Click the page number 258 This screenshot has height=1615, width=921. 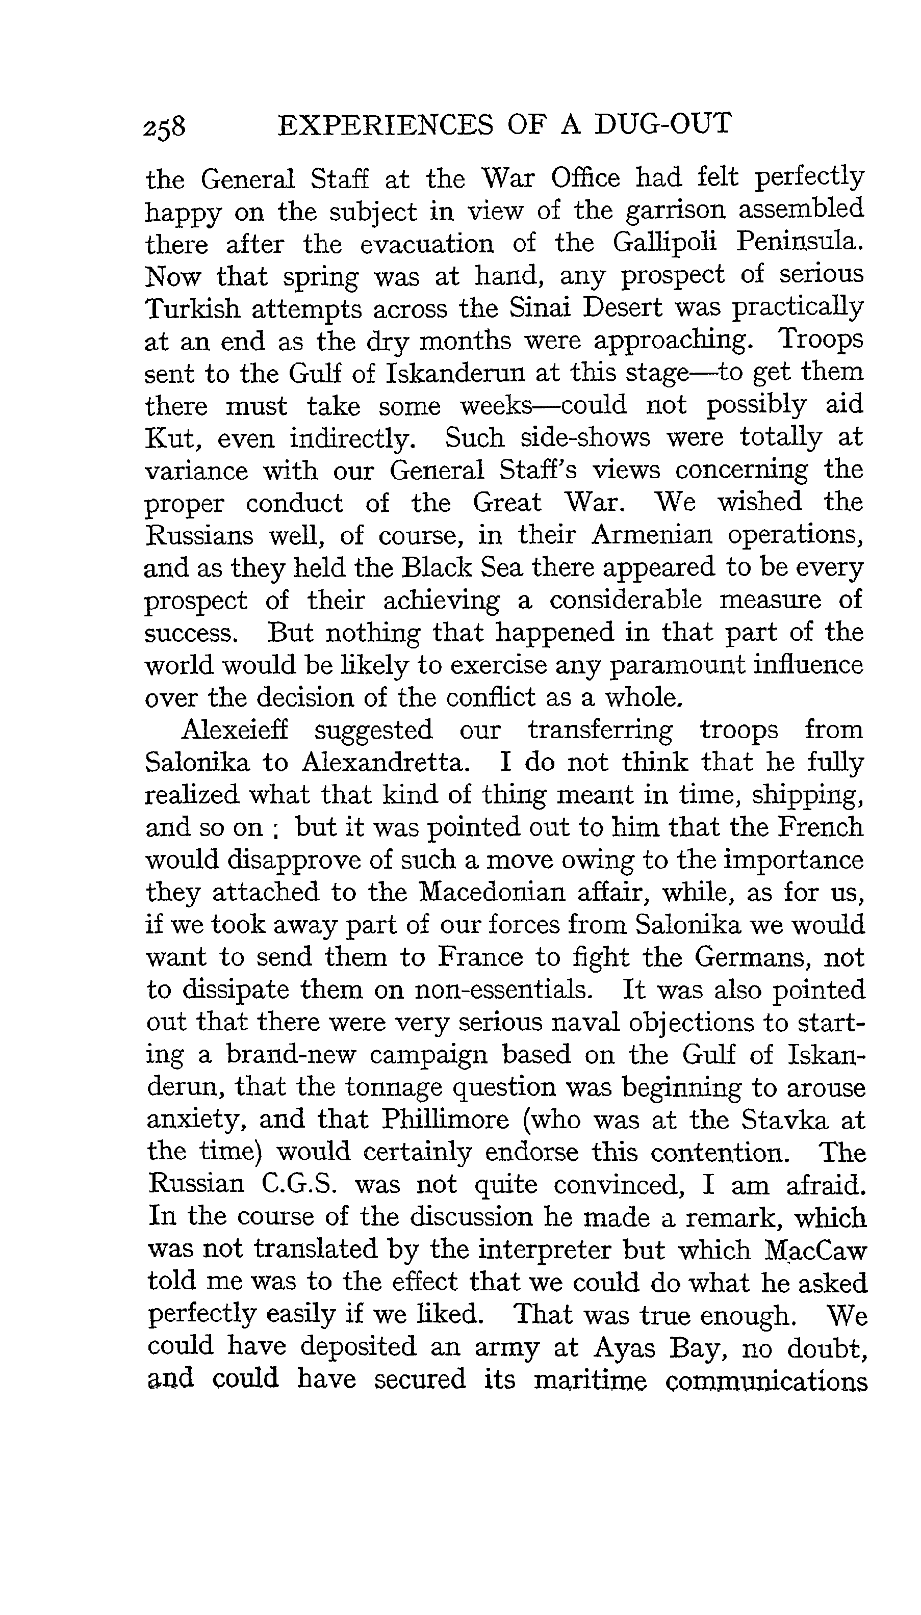pyautogui.click(x=164, y=126)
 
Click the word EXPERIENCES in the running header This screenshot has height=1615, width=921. pyautogui.click(x=385, y=124)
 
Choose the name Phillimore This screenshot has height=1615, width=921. pyautogui.click(x=445, y=1120)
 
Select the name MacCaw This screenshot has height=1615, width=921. pyautogui.click(x=815, y=1250)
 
